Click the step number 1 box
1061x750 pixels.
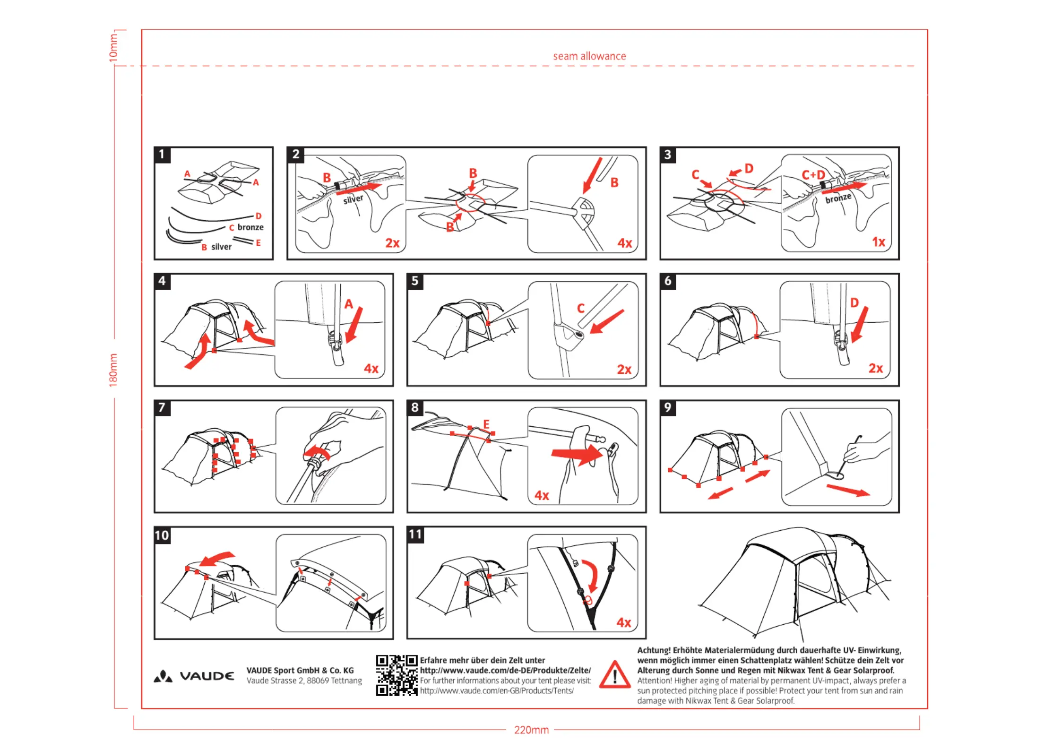(x=162, y=155)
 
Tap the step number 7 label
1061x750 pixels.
(x=162, y=408)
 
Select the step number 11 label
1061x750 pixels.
(x=415, y=534)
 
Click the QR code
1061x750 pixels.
(x=397, y=675)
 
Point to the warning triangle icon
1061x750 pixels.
(x=614, y=675)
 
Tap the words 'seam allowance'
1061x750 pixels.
(x=589, y=56)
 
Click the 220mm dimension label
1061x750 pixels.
(x=531, y=730)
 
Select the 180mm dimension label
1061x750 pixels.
(x=113, y=370)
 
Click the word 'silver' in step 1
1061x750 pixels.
(x=221, y=247)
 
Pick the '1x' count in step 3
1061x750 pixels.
(x=878, y=242)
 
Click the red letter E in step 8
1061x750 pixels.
(x=486, y=424)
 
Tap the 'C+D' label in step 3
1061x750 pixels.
(x=813, y=175)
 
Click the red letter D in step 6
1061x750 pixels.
(x=854, y=303)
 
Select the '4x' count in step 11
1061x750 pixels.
(x=624, y=622)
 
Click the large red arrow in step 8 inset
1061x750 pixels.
(x=577, y=455)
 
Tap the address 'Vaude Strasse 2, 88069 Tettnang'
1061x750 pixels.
(x=304, y=681)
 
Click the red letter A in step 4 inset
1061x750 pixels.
(x=349, y=304)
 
